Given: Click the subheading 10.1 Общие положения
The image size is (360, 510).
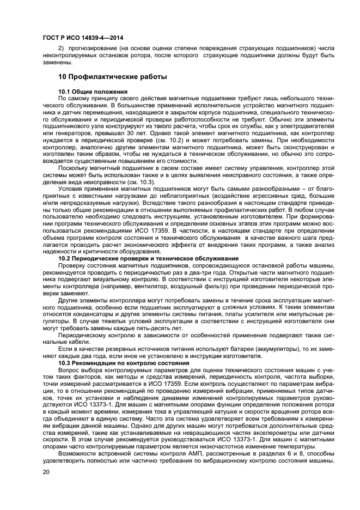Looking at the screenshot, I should point(93,90).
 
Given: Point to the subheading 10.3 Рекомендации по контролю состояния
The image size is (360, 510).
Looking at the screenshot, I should point(124,362).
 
